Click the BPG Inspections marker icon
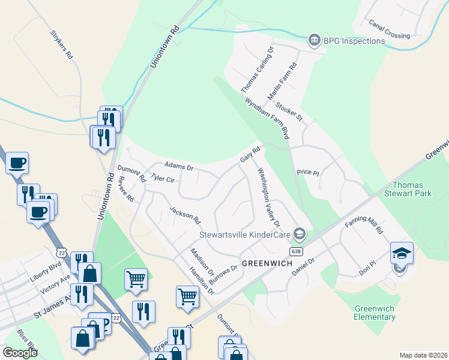coord(314,41)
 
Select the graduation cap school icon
coord(402,252)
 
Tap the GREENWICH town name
coord(267,263)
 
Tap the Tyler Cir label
coord(163,178)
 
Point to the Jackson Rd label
coord(184,215)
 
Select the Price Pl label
coord(307,172)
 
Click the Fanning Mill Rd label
coord(364,226)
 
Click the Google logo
coord(20,353)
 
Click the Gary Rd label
coord(250,154)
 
